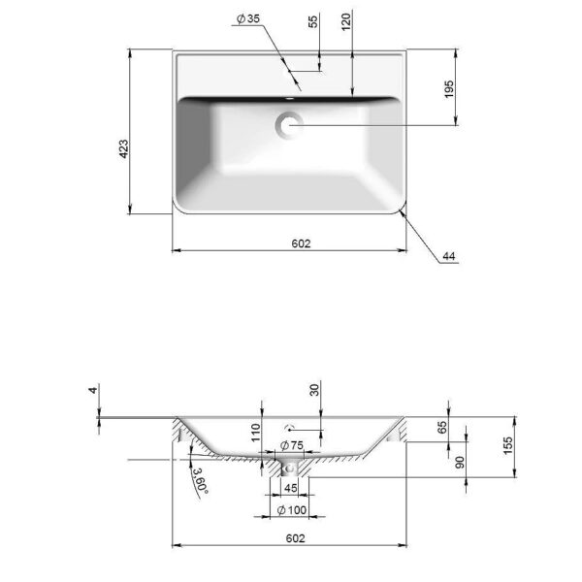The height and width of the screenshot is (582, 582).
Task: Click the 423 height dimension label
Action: tap(123, 148)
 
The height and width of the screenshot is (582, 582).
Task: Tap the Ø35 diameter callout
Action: tap(248, 18)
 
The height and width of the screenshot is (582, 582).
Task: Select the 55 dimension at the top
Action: tap(313, 21)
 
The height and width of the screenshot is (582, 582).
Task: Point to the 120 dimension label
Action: tap(345, 21)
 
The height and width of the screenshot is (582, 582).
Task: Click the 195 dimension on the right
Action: tap(449, 89)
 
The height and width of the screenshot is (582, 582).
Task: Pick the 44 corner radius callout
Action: tap(449, 256)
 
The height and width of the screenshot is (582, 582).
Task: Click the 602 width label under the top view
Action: tap(301, 243)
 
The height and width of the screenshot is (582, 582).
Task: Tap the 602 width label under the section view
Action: tap(296, 538)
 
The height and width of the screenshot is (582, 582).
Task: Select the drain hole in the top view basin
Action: tap(289, 125)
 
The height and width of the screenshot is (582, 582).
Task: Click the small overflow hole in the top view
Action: tap(289, 99)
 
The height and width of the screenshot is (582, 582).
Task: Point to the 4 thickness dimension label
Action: tap(93, 390)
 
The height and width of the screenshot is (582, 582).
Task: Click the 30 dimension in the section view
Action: tap(314, 390)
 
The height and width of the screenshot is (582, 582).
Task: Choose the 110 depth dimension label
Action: tap(256, 433)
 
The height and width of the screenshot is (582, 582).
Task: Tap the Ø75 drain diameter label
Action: tap(292, 445)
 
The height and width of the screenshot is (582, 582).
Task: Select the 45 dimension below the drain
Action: tap(291, 488)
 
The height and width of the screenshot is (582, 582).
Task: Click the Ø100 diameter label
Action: tap(292, 510)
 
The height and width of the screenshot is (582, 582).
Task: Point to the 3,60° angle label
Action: tap(200, 481)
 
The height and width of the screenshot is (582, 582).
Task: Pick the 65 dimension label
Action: tap(442, 427)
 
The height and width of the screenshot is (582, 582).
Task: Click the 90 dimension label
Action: tap(460, 463)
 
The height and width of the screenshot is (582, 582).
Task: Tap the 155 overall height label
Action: tap(507, 446)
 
